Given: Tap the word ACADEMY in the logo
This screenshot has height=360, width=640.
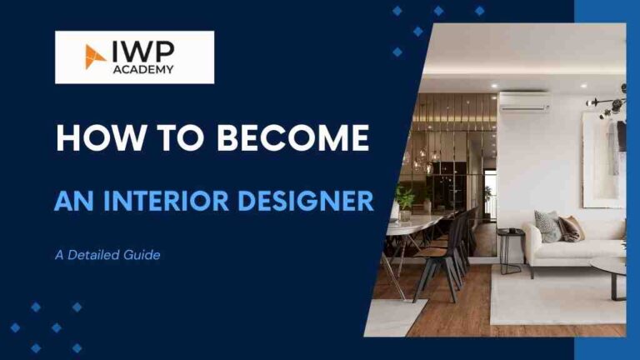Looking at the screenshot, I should pyautogui.click(x=142, y=69).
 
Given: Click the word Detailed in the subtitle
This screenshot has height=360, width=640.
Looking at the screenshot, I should pyautogui.click(x=99, y=255).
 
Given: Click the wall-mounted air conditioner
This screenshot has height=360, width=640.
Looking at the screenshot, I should pyautogui.click(x=523, y=102).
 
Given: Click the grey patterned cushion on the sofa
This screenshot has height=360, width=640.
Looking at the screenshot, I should pyautogui.click(x=547, y=226).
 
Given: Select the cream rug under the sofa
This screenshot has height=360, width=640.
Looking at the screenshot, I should pyautogui.click(x=550, y=296).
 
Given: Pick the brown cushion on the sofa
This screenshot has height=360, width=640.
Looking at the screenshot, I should pyautogui.click(x=571, y=227).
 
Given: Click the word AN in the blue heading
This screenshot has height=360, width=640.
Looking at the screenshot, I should pyautogui.click(x=70, y=201).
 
